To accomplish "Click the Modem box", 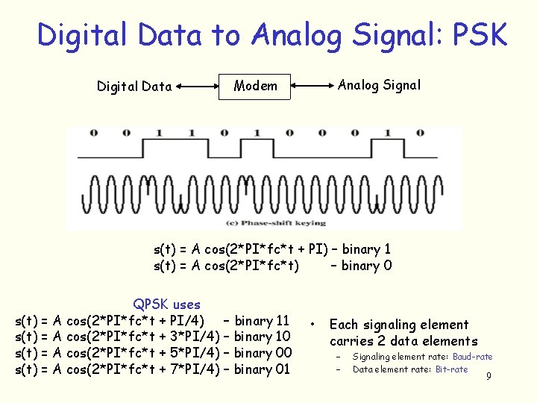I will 255,86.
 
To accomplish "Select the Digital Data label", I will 134,87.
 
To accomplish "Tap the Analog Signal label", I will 379,85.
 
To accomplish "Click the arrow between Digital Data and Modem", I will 197,87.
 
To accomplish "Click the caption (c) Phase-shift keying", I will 276,222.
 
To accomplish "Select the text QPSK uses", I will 166,304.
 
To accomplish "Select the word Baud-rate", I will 472,357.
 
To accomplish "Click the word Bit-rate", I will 451,369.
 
